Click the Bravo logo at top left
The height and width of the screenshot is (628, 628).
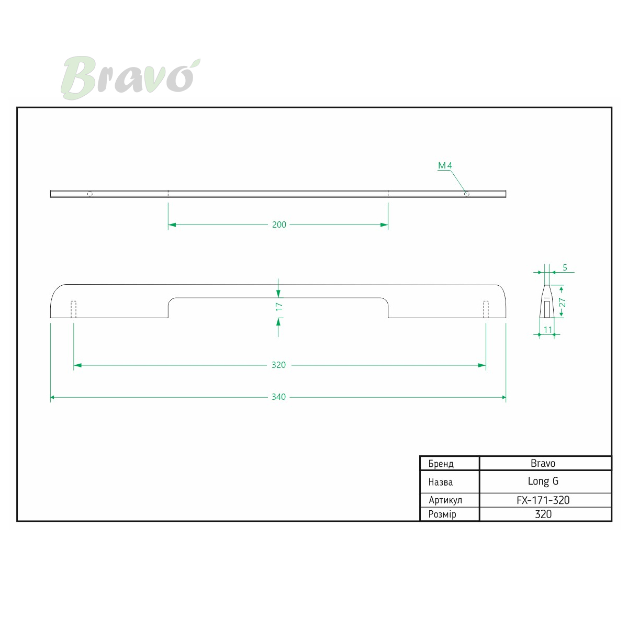(130, 77)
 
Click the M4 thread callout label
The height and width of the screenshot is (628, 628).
(445, 165)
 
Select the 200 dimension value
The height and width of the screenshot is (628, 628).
(279, 225)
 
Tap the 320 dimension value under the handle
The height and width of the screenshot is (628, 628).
(278, 365)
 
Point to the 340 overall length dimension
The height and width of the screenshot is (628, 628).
(278, 397)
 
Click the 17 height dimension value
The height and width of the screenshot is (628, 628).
(279, 306)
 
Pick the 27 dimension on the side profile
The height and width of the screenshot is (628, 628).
(562, 302)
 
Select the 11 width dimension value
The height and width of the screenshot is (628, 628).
(548, 330)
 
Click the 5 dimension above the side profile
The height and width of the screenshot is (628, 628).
(565, 267)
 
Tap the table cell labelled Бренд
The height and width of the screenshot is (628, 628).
(441, 464)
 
